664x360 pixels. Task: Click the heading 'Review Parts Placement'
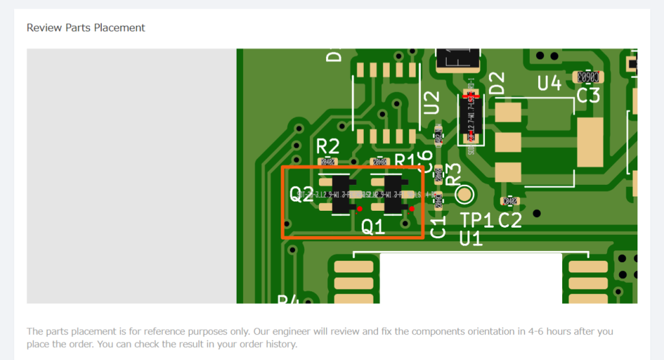[86, 28]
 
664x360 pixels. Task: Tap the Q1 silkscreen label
[373, 227]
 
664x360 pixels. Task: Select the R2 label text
[327, 146]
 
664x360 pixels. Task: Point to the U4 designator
[549, 83]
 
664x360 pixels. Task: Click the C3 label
[588, 95]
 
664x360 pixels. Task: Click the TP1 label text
[477, 221]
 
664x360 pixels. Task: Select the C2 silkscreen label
[510, 221]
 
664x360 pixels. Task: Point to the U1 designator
[471, 239]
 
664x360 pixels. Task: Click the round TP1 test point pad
[465, 194]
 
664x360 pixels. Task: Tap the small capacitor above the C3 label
[587, 77]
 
